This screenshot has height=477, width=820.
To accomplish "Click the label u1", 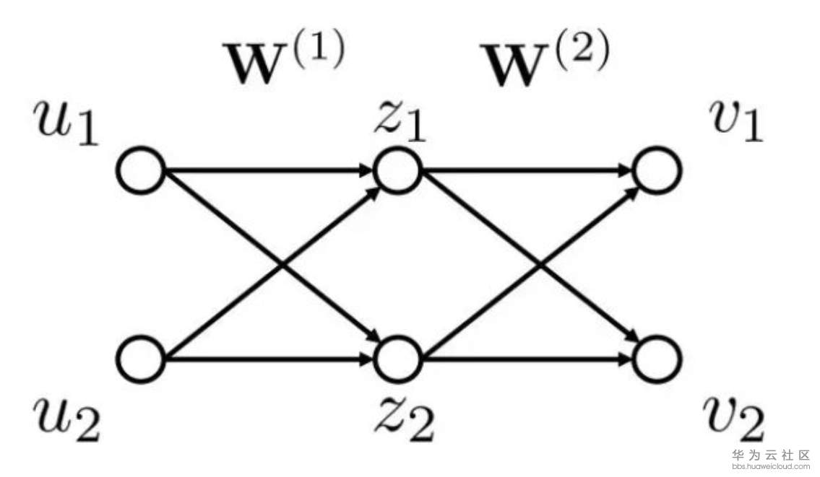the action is (66, 123).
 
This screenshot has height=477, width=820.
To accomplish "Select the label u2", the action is (66, 419).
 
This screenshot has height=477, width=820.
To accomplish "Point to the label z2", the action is (405, 419).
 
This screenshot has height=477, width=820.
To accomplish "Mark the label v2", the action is (733, 419).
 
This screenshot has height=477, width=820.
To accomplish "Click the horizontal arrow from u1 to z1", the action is (269, 170).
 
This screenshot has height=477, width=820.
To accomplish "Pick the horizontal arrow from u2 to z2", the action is (269, 359).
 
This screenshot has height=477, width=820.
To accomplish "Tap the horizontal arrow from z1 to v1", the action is (527, 170).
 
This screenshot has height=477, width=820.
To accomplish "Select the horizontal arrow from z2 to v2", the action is (527, 359).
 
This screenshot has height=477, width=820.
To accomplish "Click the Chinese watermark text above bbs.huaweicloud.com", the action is (772, 455).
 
